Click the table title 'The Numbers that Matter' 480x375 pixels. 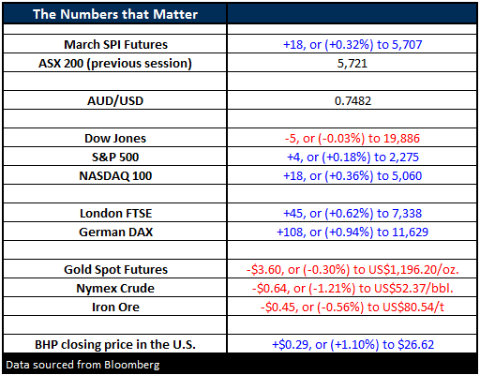tap(115, 14)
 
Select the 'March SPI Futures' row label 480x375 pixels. tap(115, 45)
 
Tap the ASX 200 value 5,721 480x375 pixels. tap(352, 64)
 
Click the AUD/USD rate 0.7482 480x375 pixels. tap(352, 101)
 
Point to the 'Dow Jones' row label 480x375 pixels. tap(115, 139)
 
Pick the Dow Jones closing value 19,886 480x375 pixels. tap(401, 139)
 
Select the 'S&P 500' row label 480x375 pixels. tap(115, 157)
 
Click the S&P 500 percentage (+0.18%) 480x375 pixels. tap(346, 157)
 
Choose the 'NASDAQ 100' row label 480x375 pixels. tap(115, 176)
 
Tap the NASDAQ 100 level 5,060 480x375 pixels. tap(407, 176)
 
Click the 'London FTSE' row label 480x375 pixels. tap(115, 214)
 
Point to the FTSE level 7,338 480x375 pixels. tap(407, 214)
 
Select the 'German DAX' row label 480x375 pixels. tap(115, 232)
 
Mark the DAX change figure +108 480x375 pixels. tap(290, 232)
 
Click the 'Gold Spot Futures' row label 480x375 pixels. tap(115, 270)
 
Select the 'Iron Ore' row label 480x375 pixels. tap(115, 307)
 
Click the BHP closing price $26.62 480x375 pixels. tap(416, 345)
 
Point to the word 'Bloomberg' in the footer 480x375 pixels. tap(132, 365)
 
